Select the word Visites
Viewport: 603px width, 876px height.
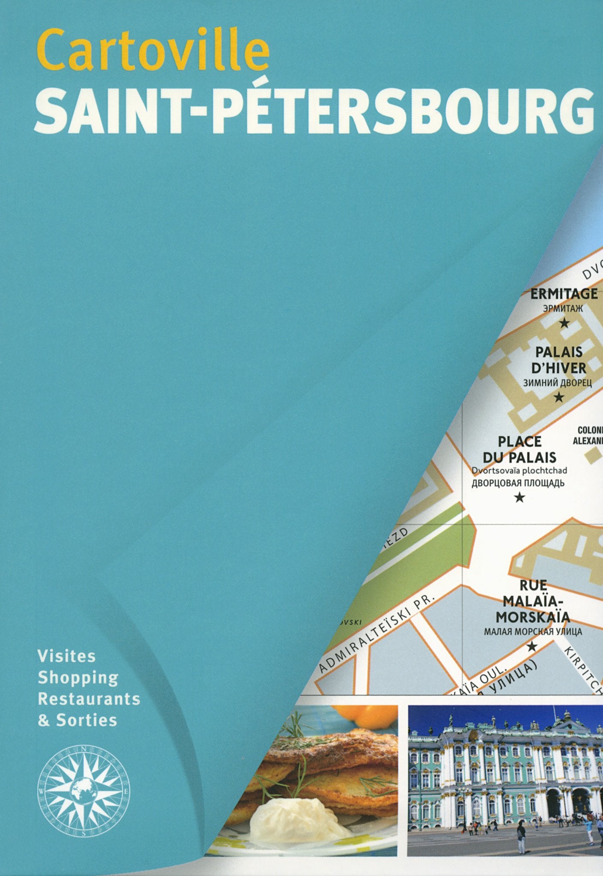(67, 656)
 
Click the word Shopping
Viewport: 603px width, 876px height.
(78, 678)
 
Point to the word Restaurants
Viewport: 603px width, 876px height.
(89, 699)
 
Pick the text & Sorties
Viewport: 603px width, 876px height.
(77, 721)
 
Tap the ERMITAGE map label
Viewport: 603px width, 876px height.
(564, 294)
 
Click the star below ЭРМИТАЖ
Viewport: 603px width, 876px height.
(564, 323)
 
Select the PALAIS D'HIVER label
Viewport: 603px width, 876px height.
(559, 359)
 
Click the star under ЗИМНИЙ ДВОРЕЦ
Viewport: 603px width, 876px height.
(558, 398)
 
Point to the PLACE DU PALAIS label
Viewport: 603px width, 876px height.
(520, 449)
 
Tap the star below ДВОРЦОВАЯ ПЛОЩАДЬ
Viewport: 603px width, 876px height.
(520, 497)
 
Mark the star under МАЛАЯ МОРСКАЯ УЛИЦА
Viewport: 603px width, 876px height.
(532, 646)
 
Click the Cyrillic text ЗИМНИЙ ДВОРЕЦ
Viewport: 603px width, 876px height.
(558, 383)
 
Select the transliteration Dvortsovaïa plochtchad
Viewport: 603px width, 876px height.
(519, 470)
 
